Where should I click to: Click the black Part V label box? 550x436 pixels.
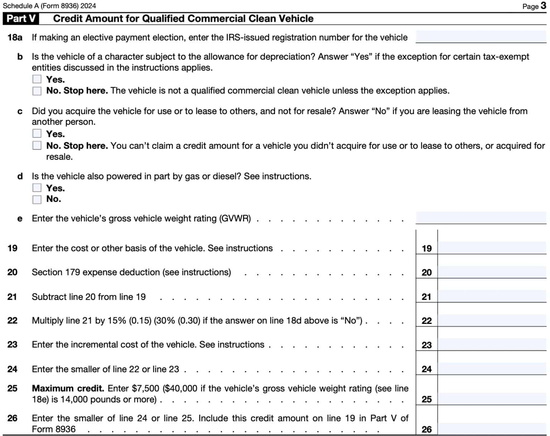point(21,19)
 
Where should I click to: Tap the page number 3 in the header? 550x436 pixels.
point(543,6)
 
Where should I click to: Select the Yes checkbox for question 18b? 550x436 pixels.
point(37,79)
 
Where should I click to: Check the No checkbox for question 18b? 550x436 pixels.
point(37,91)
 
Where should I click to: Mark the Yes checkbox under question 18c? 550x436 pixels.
point(37,134)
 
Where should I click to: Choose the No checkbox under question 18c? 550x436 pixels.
point(37,145)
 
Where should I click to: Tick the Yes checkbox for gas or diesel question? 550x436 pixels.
point(37,188)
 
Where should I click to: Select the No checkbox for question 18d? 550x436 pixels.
point(37,199)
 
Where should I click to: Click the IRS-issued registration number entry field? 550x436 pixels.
point(481,37)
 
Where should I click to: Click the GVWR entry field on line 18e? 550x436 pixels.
point(481,218)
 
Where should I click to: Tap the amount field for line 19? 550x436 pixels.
point(492,248)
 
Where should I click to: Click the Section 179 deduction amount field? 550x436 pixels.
point(492,272)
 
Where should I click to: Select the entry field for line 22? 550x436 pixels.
point(492,320)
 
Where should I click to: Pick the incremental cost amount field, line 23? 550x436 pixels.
point(492,344)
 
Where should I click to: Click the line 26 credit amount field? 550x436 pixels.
point(492,428)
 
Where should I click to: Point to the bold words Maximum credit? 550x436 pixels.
point(68,388)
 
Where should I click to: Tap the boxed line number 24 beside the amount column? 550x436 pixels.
point(426,369)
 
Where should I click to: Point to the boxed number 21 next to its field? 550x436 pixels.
point(426,297)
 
